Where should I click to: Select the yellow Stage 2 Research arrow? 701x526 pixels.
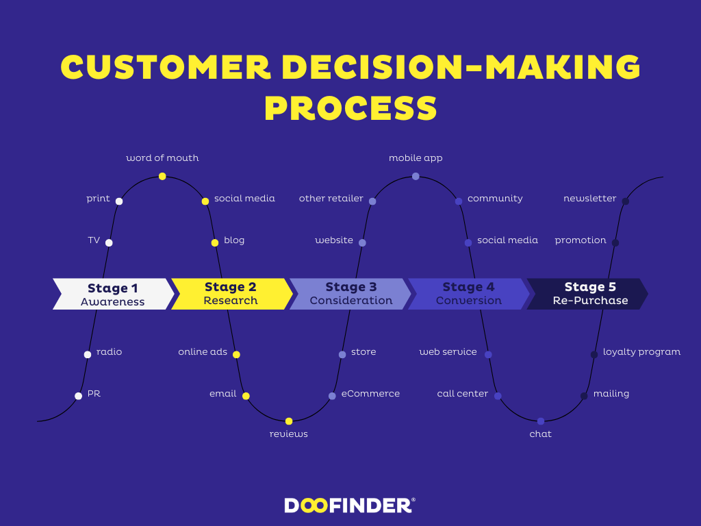(x=231, y=294)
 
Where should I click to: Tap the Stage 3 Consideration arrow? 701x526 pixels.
(x=350, y=294)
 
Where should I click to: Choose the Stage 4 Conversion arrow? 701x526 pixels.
(x=468, y=294)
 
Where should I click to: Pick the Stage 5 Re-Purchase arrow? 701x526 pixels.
(x=587, y=294)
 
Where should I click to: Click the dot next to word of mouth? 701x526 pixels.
(x=162, y=176)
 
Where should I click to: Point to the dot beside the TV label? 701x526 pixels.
(x=109, y=242)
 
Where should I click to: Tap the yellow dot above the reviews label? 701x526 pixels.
(x=289, y=421)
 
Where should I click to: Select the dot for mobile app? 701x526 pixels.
(x=416, y=176)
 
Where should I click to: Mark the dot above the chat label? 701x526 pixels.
(x=541, y=421)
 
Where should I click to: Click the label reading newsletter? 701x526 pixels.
(x=589, y=199)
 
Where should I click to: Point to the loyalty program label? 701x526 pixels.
(x=641, y=352)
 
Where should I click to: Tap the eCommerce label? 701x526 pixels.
(x=370, y=394)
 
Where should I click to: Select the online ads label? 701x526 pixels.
(x=203, y=352)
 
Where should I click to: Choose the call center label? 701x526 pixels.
(x=463, y=394)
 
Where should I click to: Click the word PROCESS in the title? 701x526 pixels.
(x=350, y=108)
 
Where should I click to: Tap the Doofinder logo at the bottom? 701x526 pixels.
(x=350, y=505)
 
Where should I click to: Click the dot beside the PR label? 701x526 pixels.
(x=78, y=395)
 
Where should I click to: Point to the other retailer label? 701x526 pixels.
(x=331, y=199)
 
